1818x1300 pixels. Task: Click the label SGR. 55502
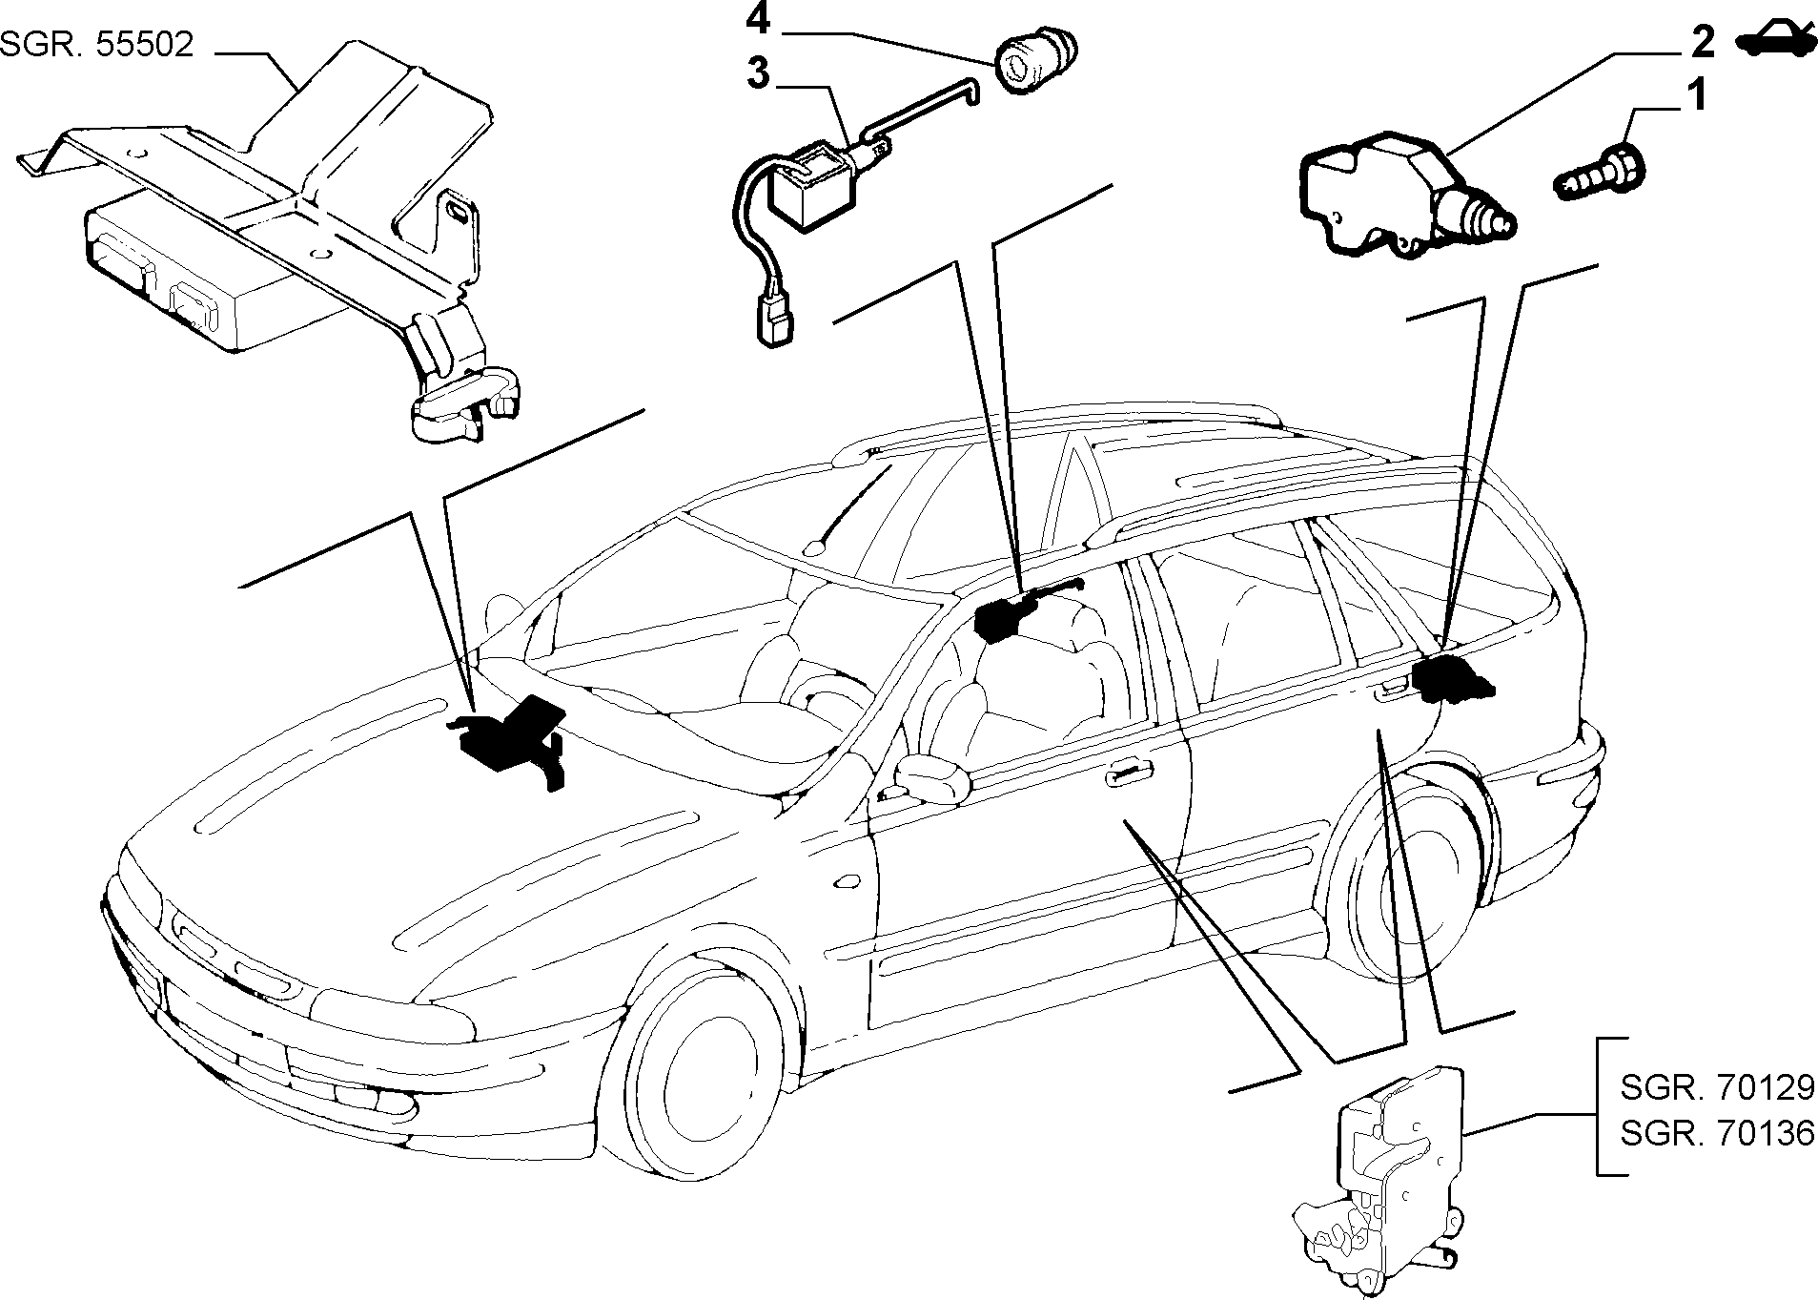tap(97, 45)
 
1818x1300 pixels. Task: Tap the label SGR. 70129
tap(1717, 1087)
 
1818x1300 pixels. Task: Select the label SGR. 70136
tap(1717, 1134)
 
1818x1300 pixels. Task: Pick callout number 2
tap(1702, 41)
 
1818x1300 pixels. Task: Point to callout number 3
tap(758, 73)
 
